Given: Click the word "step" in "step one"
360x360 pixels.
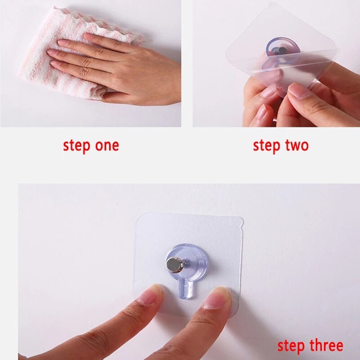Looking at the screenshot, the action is pos(76,146).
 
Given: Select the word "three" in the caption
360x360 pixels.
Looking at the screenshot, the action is pos(326,346).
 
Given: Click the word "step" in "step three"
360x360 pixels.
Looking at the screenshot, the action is pos(291,346).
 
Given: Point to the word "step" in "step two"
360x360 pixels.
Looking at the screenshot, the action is pos(266,146).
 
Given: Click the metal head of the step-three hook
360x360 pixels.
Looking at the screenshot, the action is pos(174,265).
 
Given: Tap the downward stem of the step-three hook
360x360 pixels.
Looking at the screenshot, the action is pos(185,290).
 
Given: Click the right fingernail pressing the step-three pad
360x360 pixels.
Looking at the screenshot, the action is pos(217,298).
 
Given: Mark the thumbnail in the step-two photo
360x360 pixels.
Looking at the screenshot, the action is pos(297,91).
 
